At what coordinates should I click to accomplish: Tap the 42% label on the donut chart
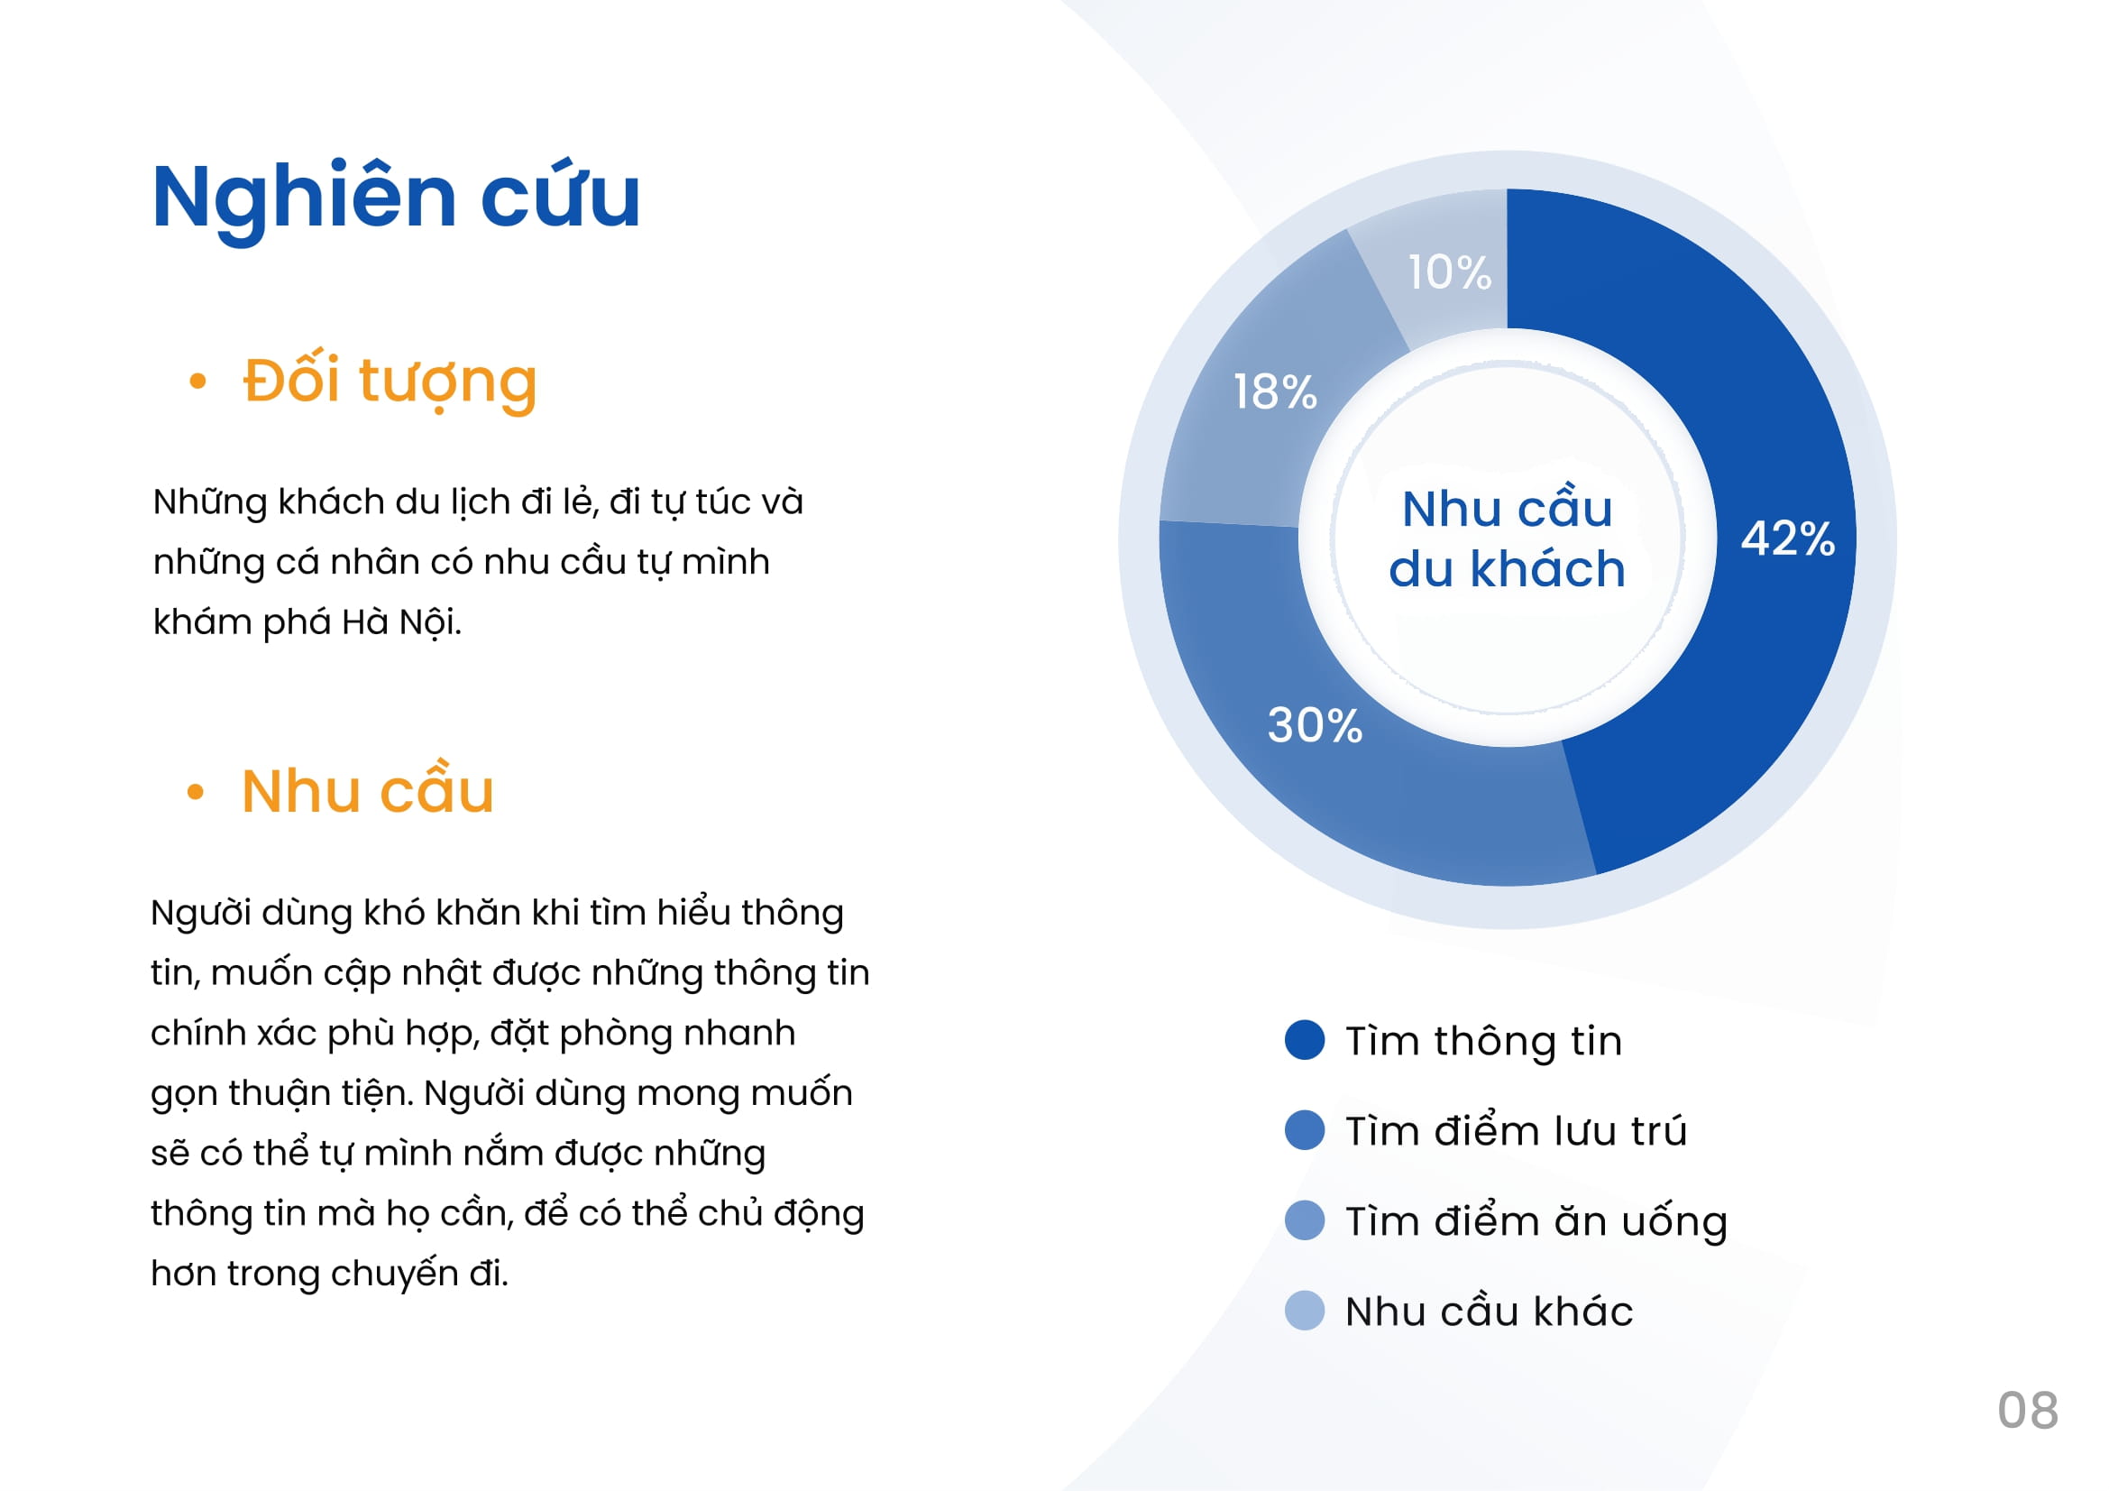click(x=1787, y=538)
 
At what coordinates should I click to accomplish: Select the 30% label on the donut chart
click(x=1315, y=725)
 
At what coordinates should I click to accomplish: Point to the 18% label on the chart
click(x=1275, y=392)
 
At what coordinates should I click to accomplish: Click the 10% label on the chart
click(x=1450, y=272)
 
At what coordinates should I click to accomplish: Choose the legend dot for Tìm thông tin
click(x=1305, y=1039)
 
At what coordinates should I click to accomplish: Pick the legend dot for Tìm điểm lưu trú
click(x=1305, y=1130)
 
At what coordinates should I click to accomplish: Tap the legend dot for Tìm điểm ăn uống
click(x=1305, y=1220)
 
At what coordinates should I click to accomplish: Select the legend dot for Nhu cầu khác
click(x=1305, y=1310)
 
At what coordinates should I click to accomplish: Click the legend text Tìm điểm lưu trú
click(x=1517, y=1130)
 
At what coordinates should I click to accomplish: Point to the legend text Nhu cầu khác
click(x=1489, y=1310)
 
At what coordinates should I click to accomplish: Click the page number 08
click(x=2028, y=1410)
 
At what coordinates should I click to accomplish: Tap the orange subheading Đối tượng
click(x=390, y=382)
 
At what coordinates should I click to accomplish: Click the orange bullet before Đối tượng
click(x=197, y=382)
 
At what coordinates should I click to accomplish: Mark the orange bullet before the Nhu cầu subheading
click(x=195, y=791)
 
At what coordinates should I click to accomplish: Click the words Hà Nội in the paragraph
click(x=401, y=622)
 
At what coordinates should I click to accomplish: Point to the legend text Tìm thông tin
click(x=1483, y=1041)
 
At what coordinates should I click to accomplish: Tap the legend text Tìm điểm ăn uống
click(x=1536, y=1222)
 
